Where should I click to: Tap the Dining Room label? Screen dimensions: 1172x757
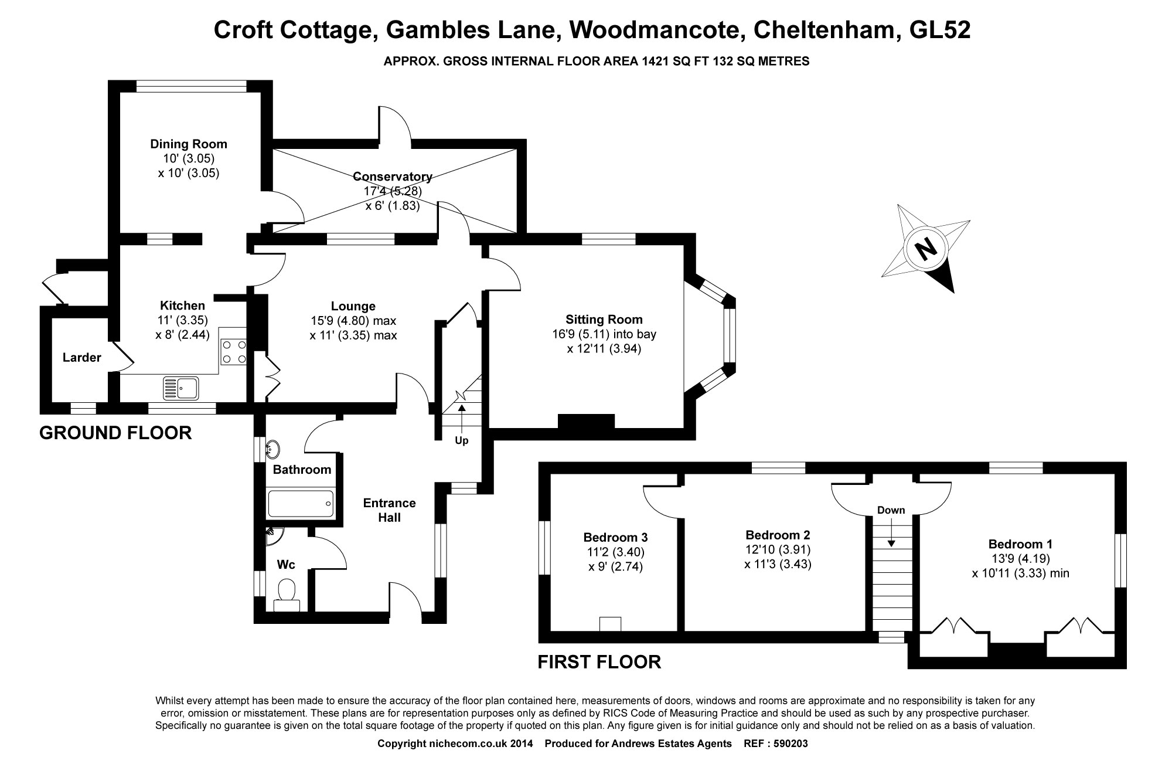[x=188, y=144]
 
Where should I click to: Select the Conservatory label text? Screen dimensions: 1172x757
[x=392, y=176]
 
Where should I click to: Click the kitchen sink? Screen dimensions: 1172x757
[x=182, y=388]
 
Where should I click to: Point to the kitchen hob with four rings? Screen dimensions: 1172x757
[x=233, y=352]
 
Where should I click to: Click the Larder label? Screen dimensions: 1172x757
[x=81, y=357]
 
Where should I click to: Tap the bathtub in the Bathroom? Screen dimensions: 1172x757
[x=301, y=504]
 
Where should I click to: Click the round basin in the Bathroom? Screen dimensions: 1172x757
[x=273, y=450]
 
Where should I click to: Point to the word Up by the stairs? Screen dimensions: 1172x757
[x=462, y=440]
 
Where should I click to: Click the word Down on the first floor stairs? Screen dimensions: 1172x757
[x=891, y=510]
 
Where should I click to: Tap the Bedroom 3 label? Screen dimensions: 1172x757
[x=615, y=537]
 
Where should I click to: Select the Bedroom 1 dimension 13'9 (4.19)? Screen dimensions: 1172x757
[x=1020, y=558]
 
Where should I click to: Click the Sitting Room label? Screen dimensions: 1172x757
[x=604, y=320]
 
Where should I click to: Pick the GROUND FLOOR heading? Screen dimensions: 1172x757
[x=115, y=433]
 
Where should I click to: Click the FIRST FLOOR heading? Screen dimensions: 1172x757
[x=599, y=662]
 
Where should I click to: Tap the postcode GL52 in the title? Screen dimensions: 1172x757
[x=939, y=30]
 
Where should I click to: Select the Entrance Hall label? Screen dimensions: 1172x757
[x=389, y=510]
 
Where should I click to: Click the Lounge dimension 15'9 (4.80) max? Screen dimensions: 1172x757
[x=353, y=321]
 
